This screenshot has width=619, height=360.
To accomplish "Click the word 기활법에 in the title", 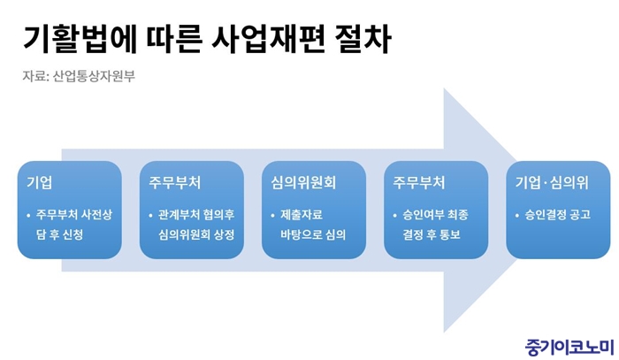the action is click(x=80, y=40).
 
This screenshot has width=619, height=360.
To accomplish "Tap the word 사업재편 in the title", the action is click(x=268, y=40).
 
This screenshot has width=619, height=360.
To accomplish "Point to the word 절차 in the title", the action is click(x=362, y=40).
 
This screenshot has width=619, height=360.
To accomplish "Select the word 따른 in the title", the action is click(x=174, y=40).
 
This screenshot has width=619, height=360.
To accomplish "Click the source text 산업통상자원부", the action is click(x=94, y=76).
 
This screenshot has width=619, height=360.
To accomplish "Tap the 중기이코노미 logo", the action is click(x=569, y=348).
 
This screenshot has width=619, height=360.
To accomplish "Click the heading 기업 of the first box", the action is click(x=39, y=183).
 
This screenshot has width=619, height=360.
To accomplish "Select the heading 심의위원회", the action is click(x=303, y=183).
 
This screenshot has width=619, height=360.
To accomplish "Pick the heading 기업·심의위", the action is click(x=552, y=183).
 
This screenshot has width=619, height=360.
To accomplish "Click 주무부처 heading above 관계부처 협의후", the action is click(x=175, y=183).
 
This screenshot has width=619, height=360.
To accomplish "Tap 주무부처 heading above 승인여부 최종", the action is click(x=419, y=183).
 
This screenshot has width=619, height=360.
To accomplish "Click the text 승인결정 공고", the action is click(x=557, y=215).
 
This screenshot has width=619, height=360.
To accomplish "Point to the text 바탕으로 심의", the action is click(x=313, y=235).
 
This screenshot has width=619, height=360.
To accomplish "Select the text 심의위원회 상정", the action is click(x=196, y=235).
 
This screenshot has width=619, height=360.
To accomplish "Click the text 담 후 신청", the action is click(x=59, y=235).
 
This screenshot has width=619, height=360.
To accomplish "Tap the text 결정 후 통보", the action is click(x=432, y=235).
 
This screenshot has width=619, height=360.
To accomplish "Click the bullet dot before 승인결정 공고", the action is click(x=517, y=216).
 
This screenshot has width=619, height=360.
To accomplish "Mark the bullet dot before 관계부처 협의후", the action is click(x=151, y=216).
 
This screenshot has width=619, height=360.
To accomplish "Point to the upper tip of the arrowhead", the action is click(x=444, y=88).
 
